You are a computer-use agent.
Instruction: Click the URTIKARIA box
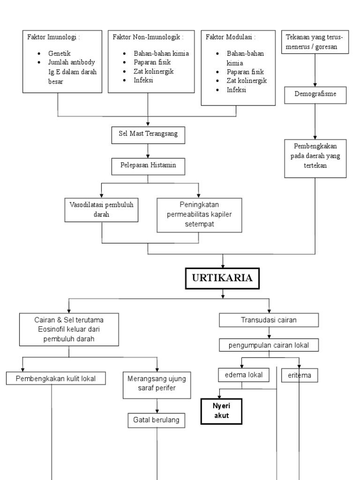pyautogui.click(x=223, y=278)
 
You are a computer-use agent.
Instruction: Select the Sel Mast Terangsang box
pyautogui.click(x=148, y=135)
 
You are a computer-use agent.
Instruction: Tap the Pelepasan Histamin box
pyautogui.click(x=148, y=165)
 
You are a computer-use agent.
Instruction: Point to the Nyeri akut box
pyautogui.click(x=221, y=411)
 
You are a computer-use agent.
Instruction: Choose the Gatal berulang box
pyautogui.click(x=157, y=420)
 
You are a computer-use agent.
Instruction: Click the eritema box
pyautogui.click(x=299, y=375)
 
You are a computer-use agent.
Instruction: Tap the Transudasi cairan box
pyautogui.click(x=269, y=320)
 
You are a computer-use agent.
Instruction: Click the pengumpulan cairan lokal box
pyautogui.click(x=269, y=345)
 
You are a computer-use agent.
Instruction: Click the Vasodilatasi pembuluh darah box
pyautogui.click(x=101, y=209)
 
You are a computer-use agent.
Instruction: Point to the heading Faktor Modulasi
pyautogui.click(x=231, y=37)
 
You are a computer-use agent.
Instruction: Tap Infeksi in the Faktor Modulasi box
pyautogui.click(x=237, y=89)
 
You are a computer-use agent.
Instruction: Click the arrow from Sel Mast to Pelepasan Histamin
pyautogui.click(x=148, y=150)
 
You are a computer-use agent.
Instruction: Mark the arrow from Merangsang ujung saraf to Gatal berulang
pyautogui.click(x=157, y=406)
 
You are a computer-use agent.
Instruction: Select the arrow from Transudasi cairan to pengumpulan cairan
pyautogui.click(x=269, y=333)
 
